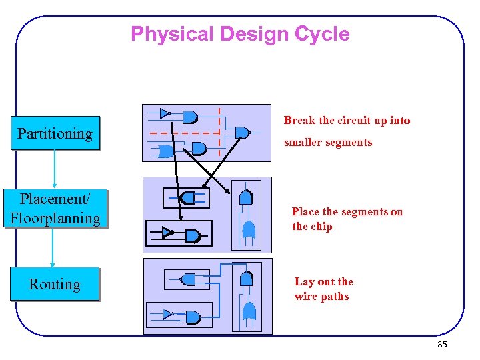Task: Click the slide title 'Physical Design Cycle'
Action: tap(240, 34)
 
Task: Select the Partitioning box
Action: tap(55, 133)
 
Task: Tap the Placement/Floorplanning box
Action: tap(55, 209)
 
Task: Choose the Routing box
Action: tap(55, 284)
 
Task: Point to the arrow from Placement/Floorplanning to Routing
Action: tap(53, 247)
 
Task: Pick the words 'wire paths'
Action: tap(321, 297)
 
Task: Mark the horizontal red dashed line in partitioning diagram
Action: tap(183, 134)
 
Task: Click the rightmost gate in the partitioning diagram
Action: tap(243, 133)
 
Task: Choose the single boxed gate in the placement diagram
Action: tap(187, 197)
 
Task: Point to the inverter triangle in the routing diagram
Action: tap(167, 313)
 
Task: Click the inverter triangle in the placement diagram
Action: tap(167, 233)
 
